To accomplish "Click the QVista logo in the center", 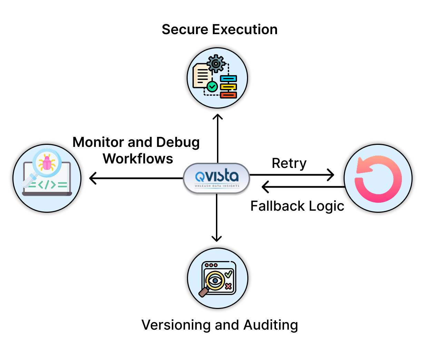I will [216, 178].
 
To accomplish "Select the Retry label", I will [289, 163].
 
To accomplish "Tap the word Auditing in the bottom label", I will [270, 325].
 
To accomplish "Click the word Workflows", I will [138, 159].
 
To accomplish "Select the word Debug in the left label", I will [178, 142].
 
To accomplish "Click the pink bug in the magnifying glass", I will [47, 162].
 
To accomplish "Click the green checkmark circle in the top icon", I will [212, 86].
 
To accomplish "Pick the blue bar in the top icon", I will [228, 79].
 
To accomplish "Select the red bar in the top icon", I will [228, 95].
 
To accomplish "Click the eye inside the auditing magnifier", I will [216, 280].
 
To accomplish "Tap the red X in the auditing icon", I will [228, 286].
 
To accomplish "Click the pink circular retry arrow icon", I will [378, 179].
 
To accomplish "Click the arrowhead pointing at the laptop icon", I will [92, 178].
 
